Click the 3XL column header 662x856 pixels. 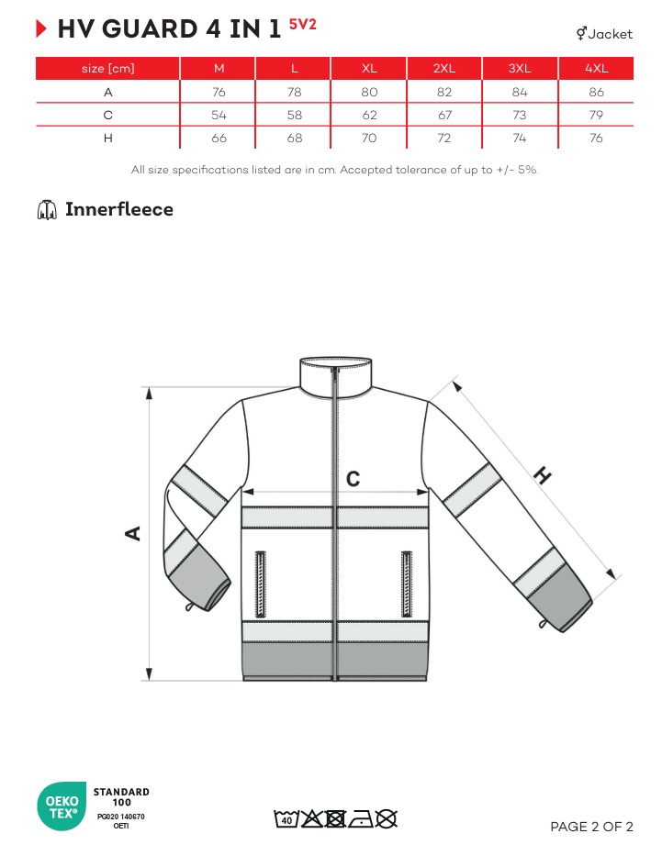520,68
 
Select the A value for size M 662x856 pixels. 219,92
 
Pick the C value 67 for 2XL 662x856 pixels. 444,115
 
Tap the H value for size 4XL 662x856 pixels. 596,138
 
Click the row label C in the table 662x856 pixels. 107,115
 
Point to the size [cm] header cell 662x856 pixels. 107,69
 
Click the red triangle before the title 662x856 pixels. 41,28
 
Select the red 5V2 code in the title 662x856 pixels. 303,25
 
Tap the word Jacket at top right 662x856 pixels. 611,34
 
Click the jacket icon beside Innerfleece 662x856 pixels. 47,209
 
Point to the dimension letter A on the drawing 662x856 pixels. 133,533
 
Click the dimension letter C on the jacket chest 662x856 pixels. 353,479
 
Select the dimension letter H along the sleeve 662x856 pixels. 542,475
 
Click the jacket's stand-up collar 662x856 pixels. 336,374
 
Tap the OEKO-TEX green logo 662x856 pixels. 62,806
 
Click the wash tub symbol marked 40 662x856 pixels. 286,819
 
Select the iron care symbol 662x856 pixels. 361,819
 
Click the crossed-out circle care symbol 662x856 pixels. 387,819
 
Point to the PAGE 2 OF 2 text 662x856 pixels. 591,827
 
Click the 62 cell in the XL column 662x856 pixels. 369,115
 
